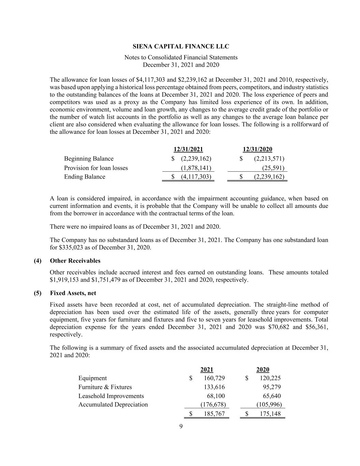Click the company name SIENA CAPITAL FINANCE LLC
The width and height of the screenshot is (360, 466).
tap(181, 46)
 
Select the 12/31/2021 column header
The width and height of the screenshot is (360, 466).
tap(188, 149)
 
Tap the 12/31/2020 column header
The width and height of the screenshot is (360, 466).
tap(257, 149)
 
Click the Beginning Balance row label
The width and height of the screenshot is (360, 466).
tap(89, 158)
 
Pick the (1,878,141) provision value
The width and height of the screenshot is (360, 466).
tap(196, 168)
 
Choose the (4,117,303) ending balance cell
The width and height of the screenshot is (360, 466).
tap(196, 176)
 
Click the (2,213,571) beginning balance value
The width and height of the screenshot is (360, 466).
tap(269, 158)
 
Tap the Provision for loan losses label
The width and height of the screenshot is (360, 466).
tap(96, 168)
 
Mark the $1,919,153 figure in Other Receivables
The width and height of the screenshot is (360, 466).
tap(64, 280)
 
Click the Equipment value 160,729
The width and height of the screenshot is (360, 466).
tap(214, 378)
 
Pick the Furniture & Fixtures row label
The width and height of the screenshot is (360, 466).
tap(105, 387)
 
